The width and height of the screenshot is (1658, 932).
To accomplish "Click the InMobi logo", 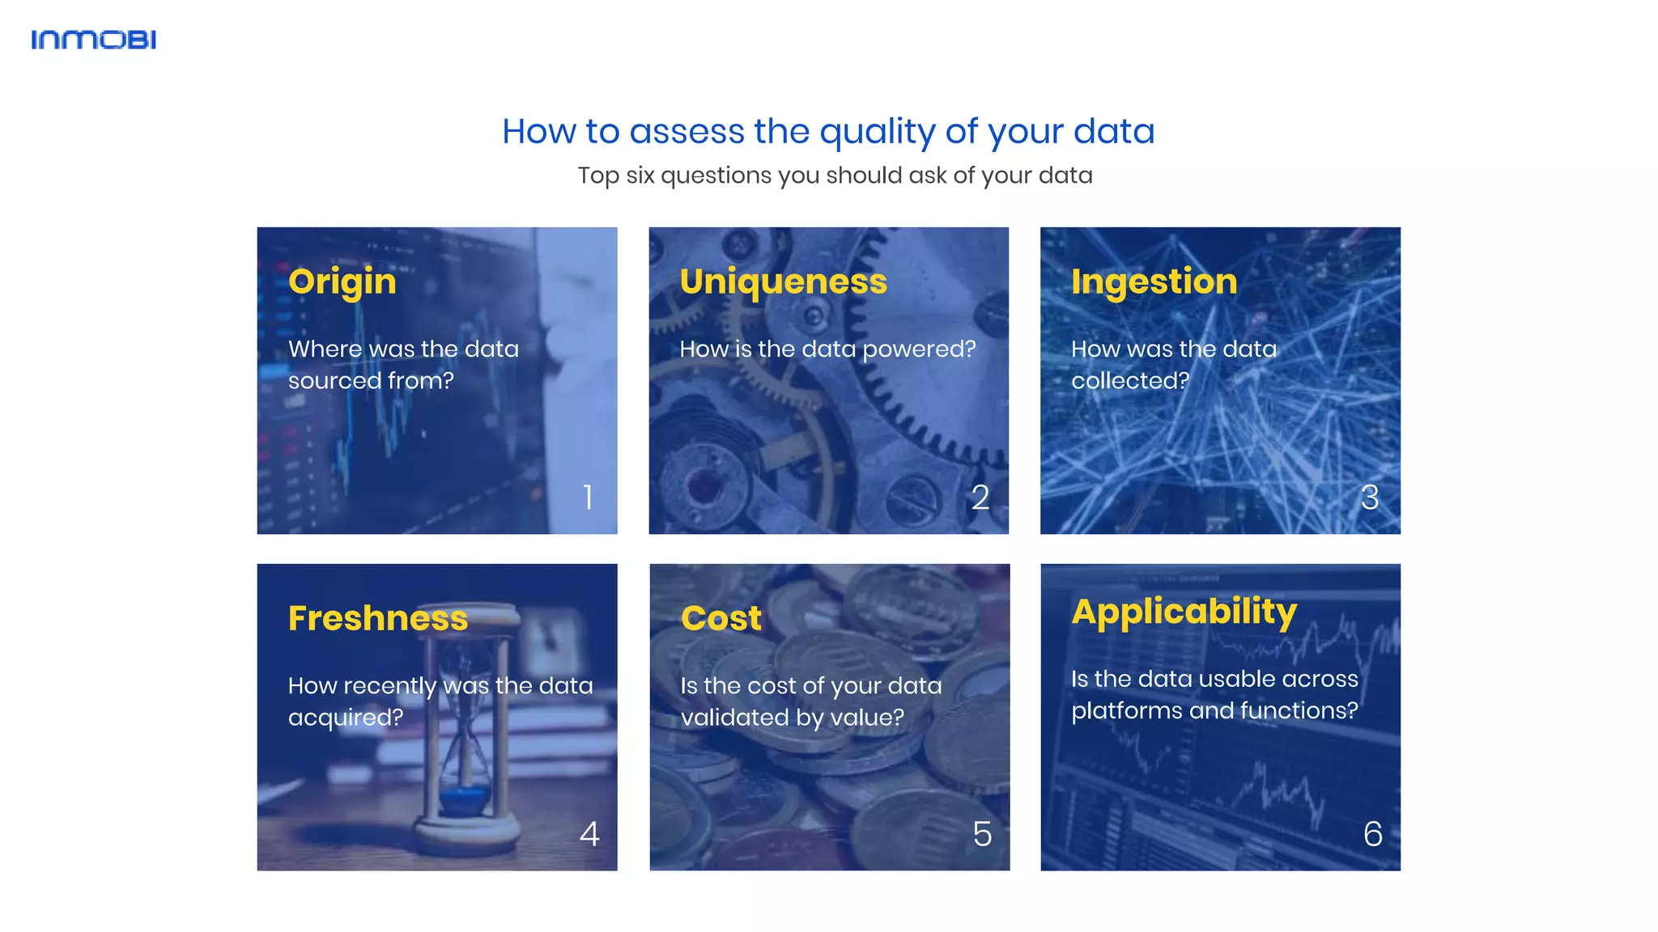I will coord(93,40).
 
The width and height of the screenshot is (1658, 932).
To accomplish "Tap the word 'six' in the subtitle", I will coord(640,176).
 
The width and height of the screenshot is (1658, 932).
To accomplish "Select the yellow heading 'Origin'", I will coord(342,282).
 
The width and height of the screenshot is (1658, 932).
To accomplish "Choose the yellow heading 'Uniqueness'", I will coord(783,282).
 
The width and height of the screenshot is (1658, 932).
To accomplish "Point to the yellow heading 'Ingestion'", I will coord(1154,282).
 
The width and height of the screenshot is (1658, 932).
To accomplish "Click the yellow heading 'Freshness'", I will coord(378,619).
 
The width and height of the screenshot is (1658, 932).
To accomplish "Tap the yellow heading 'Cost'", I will coord(721,619).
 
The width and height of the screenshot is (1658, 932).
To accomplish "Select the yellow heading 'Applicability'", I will coord(1184,612).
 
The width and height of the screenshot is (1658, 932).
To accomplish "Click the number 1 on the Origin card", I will coord(589,497).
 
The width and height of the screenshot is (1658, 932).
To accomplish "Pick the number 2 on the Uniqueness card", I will coord(980,497).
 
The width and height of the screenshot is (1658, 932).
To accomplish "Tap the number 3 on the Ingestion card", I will coord(1370,497).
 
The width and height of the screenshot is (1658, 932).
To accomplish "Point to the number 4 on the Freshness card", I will coord(589,834).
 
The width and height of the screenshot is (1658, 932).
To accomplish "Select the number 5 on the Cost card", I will coord(982,834).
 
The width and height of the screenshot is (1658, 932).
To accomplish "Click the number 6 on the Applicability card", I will coord(1373,834).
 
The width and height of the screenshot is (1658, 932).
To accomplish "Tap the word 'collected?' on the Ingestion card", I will coord(1130,381).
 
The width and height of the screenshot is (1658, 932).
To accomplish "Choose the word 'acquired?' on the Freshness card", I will coord(346,718).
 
